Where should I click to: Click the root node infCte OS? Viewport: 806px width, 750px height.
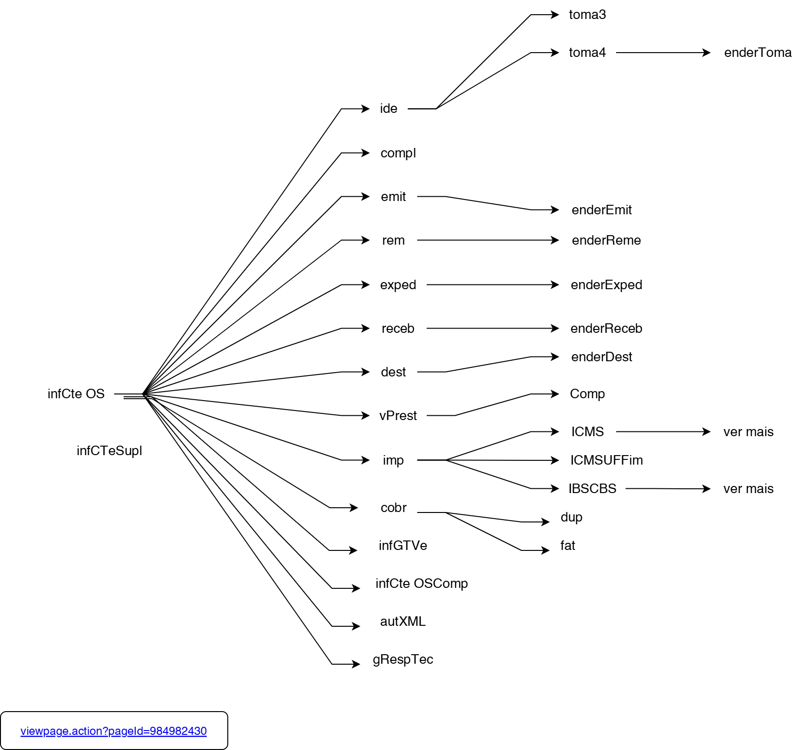coord(76,394)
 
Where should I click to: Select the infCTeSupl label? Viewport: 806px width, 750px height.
coord(109,450)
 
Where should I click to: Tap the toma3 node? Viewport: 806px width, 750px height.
coord(587,15)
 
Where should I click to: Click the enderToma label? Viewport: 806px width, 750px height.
coord(758,53)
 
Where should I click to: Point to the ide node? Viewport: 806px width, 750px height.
coord(388,109)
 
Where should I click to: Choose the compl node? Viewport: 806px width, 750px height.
coord(398,153)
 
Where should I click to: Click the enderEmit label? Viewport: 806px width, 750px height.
coord(601,210)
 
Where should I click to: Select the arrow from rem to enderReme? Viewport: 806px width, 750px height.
coord(488,240)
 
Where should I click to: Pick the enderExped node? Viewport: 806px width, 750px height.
coord(606,285)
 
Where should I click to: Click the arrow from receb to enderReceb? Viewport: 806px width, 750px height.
coord(493,329)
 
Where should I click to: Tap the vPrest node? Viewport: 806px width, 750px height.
coord(398,416)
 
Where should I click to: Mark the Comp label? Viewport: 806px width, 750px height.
coord(587,394)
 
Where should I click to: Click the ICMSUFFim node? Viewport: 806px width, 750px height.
coord(606,460)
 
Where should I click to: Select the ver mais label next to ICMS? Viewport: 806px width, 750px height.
coord(748,432)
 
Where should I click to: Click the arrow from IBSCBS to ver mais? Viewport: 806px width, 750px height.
coord(668,488)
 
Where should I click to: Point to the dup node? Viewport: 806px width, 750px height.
coord(571,517)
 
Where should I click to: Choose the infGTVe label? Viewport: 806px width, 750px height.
coord(403,546)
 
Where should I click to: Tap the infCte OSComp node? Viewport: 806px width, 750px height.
coord(421,584)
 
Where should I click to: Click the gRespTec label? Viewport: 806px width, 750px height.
coord(403,659)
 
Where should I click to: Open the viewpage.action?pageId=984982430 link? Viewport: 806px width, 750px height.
coord(114,731)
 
